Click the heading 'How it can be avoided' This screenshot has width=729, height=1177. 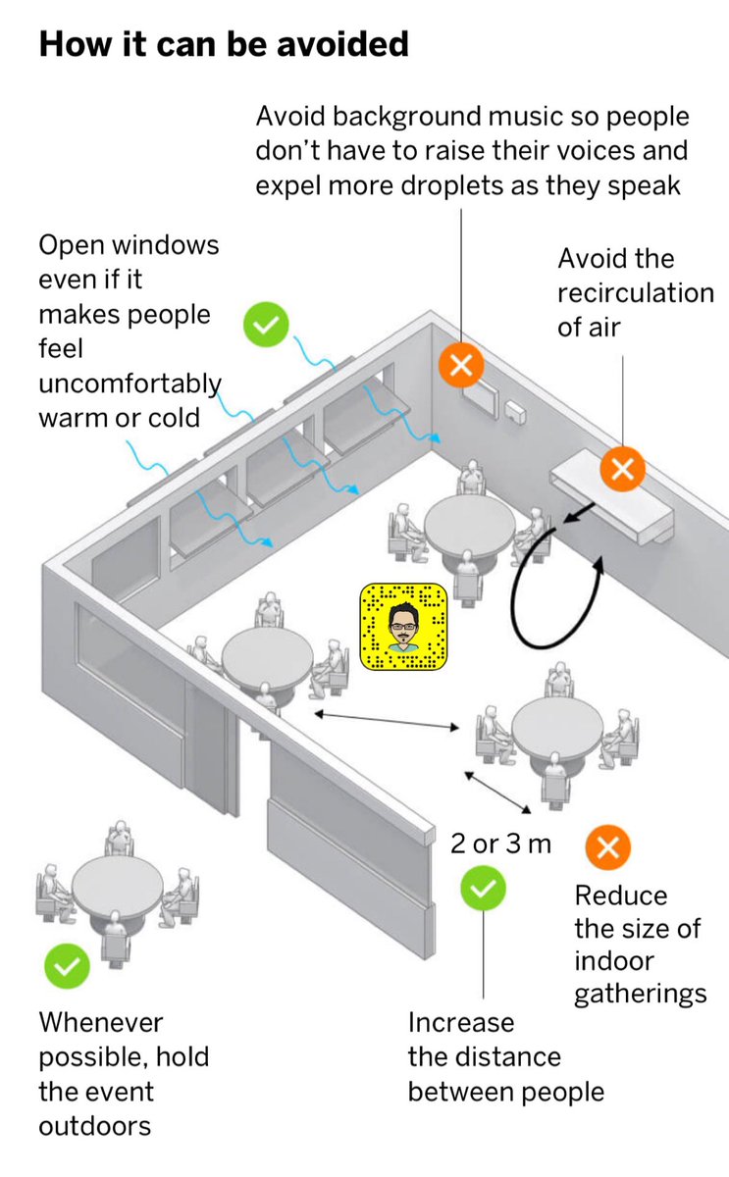coord(223,44)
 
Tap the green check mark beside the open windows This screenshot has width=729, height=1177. coord(265,325)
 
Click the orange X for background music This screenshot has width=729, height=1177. coord(461,366)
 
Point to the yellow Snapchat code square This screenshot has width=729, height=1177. coord(403,628)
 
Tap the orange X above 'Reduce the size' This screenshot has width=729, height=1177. coord(607,847)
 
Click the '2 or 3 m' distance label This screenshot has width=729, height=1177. coord(500,844)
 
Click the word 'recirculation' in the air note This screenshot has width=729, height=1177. coord(636,293)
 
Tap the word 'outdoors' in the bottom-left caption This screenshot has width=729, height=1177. coord(95,1125)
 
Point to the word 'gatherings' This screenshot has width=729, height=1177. coord(640,994)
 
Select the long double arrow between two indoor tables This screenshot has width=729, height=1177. coord(386,721)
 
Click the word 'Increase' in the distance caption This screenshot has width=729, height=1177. coord(461,1022)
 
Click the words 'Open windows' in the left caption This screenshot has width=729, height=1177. coord(129,244)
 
